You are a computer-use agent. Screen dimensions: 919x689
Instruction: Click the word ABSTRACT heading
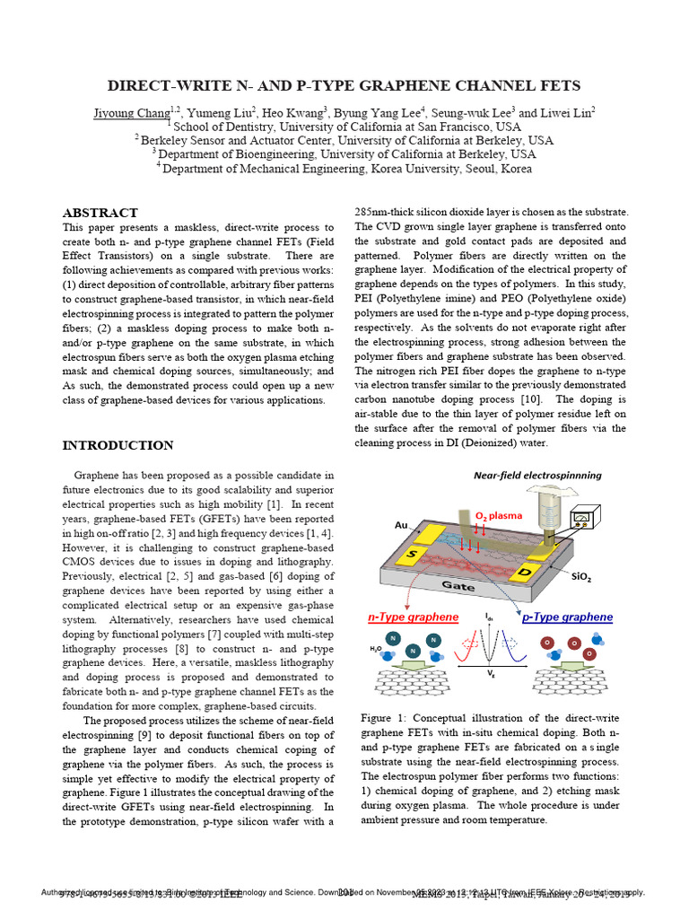pos(100,213)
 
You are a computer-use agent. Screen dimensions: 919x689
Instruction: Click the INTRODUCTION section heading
pos(118,445)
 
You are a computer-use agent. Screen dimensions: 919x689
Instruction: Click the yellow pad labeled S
pos(415,554)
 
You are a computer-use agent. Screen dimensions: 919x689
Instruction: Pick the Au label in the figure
pos(401,525)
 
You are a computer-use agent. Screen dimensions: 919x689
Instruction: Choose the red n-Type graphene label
pos(414,617)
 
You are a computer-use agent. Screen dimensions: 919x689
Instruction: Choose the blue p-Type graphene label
pos(567,617)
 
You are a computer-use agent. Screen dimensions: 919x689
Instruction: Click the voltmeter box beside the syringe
pos(585,519)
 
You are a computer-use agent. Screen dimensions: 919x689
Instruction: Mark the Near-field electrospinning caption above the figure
pos(537,475)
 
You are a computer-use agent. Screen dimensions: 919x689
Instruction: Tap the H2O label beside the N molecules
pos(375,648)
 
